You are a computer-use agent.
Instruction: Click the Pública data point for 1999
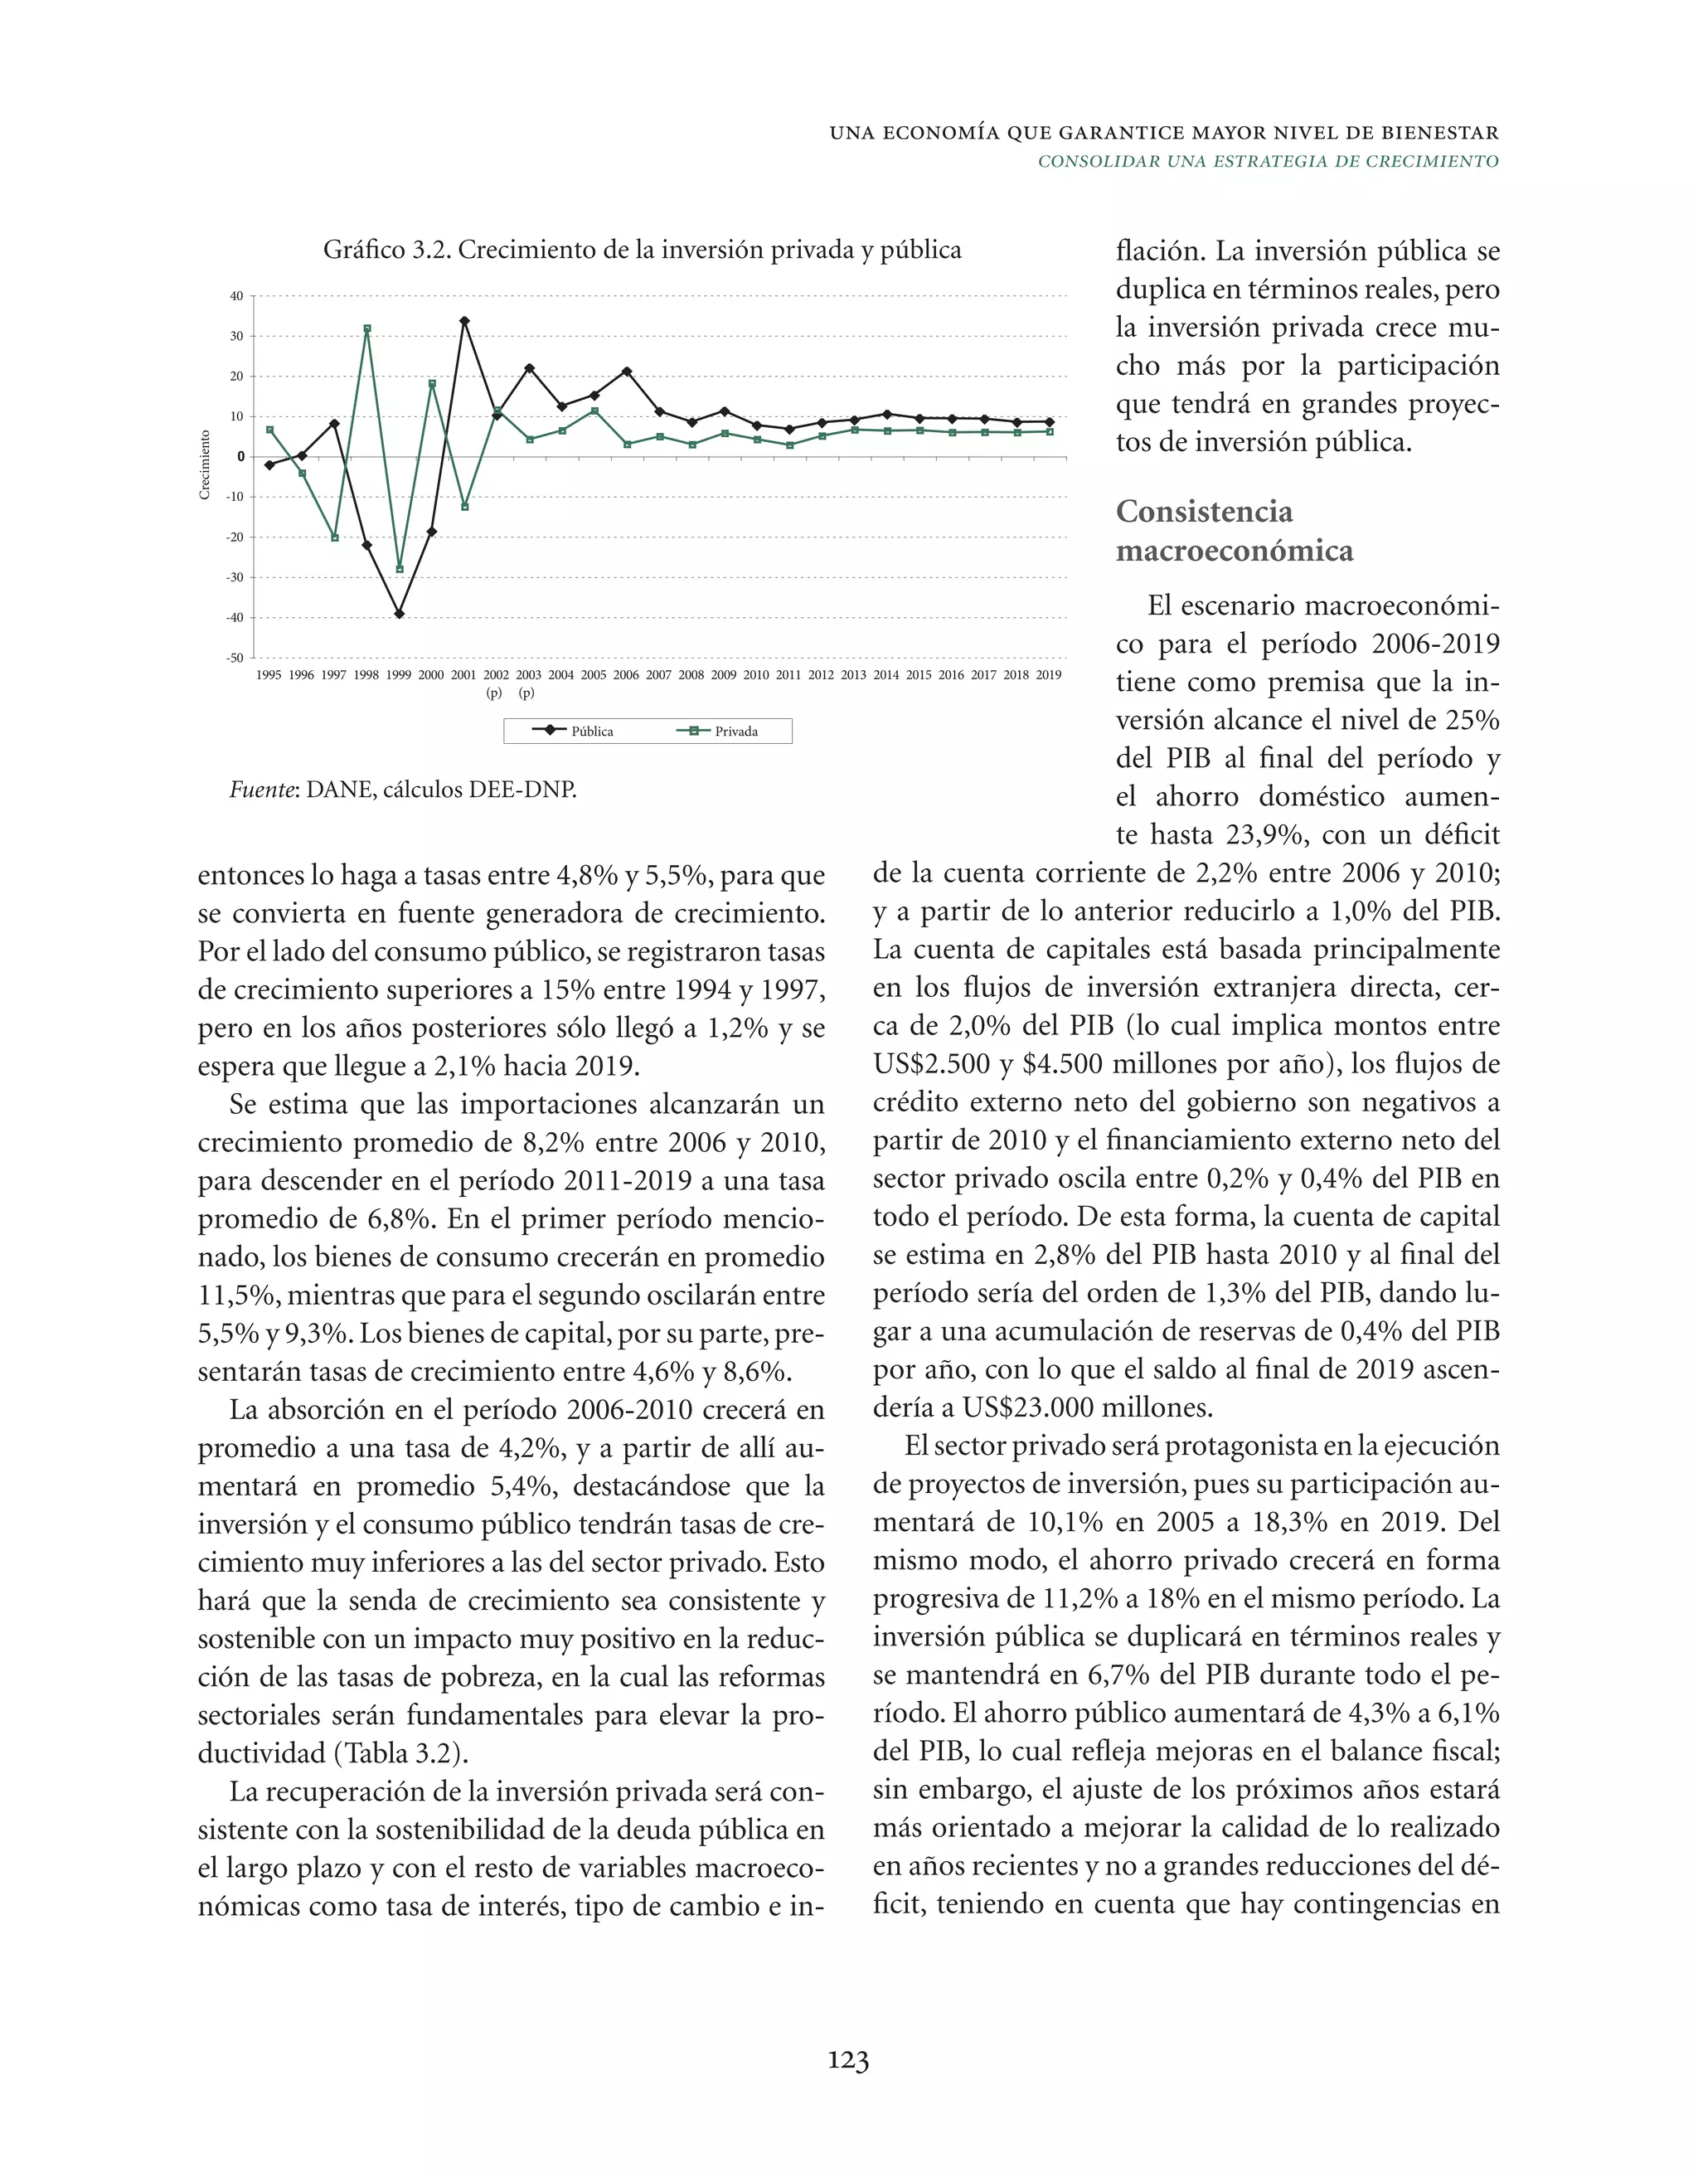(399, 614)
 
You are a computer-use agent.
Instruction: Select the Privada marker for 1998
(367, 328)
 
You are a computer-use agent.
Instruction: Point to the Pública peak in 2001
(464, 321)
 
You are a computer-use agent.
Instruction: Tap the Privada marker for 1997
(334, 537)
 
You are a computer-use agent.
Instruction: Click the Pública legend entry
(574, 732)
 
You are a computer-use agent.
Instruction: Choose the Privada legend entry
(718, 732)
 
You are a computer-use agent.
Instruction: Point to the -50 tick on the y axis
(235, 658)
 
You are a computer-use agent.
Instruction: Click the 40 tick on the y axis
(237, 296)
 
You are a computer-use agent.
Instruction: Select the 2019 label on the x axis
(1049, 674)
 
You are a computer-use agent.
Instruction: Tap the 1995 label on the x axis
(269, 674)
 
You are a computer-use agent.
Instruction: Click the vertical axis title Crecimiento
(205, 464)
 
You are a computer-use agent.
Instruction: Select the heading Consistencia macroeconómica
(1234, 530)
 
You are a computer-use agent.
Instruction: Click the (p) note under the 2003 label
(527, 693)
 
